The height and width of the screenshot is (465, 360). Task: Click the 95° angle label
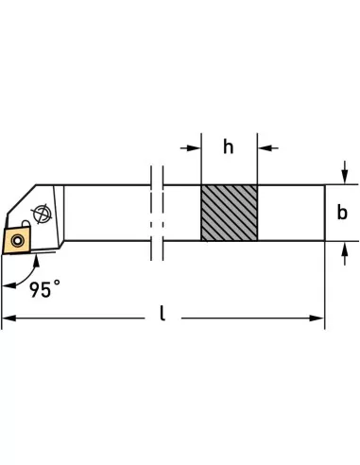point(48,284)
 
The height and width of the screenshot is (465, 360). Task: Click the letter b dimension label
point(342,213)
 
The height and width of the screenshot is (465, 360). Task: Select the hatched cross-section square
point(228,213)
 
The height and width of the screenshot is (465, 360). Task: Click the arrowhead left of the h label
point(194,147)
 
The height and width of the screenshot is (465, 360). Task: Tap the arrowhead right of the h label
point(265,147)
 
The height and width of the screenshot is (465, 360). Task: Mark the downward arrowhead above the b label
point(344,179)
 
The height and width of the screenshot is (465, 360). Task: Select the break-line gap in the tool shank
point(157,213)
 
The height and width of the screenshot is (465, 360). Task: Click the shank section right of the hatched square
point(290,213)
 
